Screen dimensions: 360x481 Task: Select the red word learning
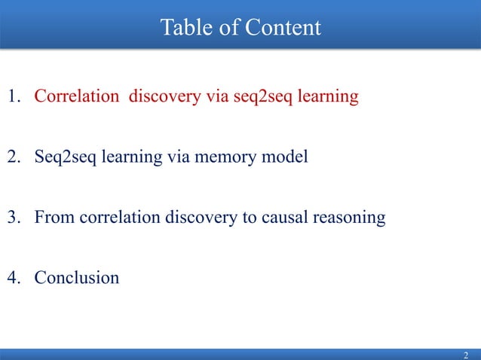coord(329,98)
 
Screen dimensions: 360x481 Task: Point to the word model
coord(287,157)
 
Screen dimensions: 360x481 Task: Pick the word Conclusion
coord(77,278)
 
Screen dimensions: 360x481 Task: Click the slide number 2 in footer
coord(466,355)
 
